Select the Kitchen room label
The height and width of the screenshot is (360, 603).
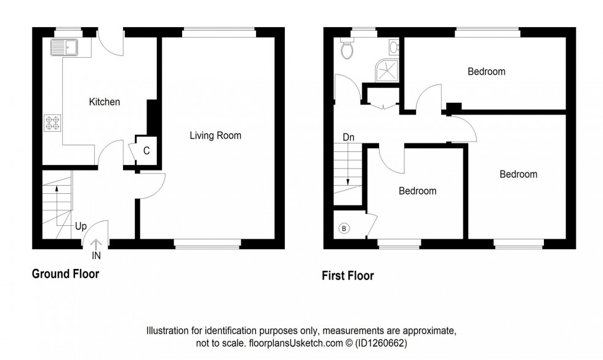(105, 102)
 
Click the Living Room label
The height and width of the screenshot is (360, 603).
(215, 135)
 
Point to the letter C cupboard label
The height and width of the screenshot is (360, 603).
(146, 150)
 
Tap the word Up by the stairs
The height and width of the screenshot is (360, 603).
(81, 226)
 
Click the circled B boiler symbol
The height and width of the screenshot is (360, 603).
(344, 229)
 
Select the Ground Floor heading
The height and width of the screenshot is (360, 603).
(65, 274)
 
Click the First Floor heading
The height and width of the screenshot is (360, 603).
(348, 276)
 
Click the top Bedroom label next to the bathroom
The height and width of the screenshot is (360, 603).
(486, 71)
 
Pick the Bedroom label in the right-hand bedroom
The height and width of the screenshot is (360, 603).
(518, 174)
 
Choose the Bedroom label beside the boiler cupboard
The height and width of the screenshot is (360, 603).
(417, 191)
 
